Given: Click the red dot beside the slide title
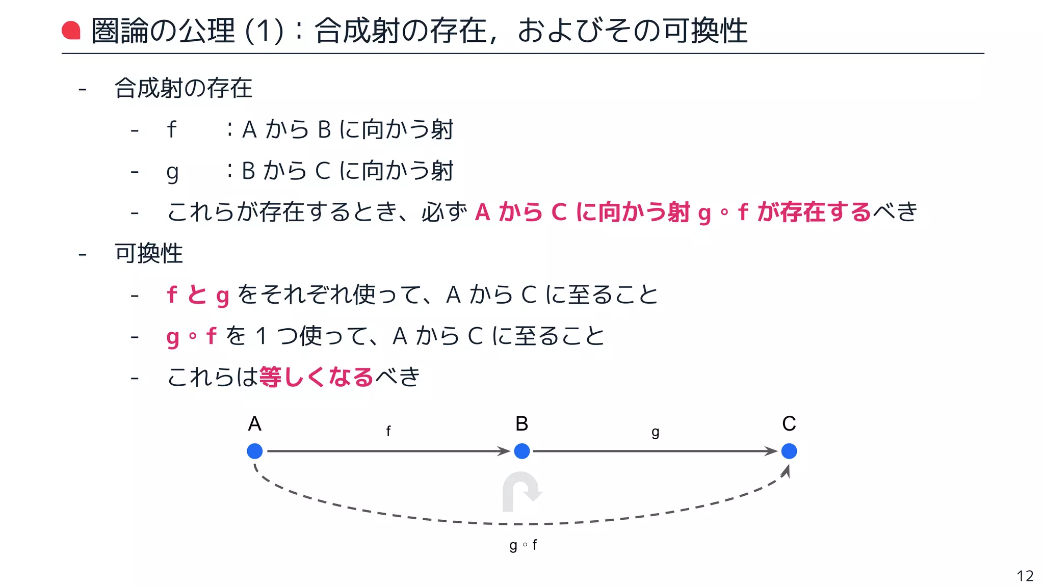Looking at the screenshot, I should pos(71,30).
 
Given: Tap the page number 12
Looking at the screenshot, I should pos(1025,576).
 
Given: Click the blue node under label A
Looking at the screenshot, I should pos(254,451).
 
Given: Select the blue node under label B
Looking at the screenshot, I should pos(521,451).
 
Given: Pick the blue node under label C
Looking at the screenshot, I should pos(789,451).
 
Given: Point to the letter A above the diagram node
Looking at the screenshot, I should pos(254,423).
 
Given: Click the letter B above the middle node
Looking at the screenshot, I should pos(521,423).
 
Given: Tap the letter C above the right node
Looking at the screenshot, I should pos(789,423).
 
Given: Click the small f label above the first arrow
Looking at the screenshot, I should pos(388,431).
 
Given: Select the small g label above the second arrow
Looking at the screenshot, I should pos(656,433).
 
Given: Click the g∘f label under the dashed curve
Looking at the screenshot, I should pos(523,545).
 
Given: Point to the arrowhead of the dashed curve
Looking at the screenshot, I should pos(786,471).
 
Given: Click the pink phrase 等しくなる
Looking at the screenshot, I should pos(316,377).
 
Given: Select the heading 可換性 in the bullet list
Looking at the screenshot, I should pos(148,253).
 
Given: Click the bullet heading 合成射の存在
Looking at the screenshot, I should pos(184,88).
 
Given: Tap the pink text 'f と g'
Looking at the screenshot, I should pos(198,295).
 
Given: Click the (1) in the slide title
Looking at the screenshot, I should pos(264,31).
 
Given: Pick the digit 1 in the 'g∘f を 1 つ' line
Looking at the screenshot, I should pos(261,336).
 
